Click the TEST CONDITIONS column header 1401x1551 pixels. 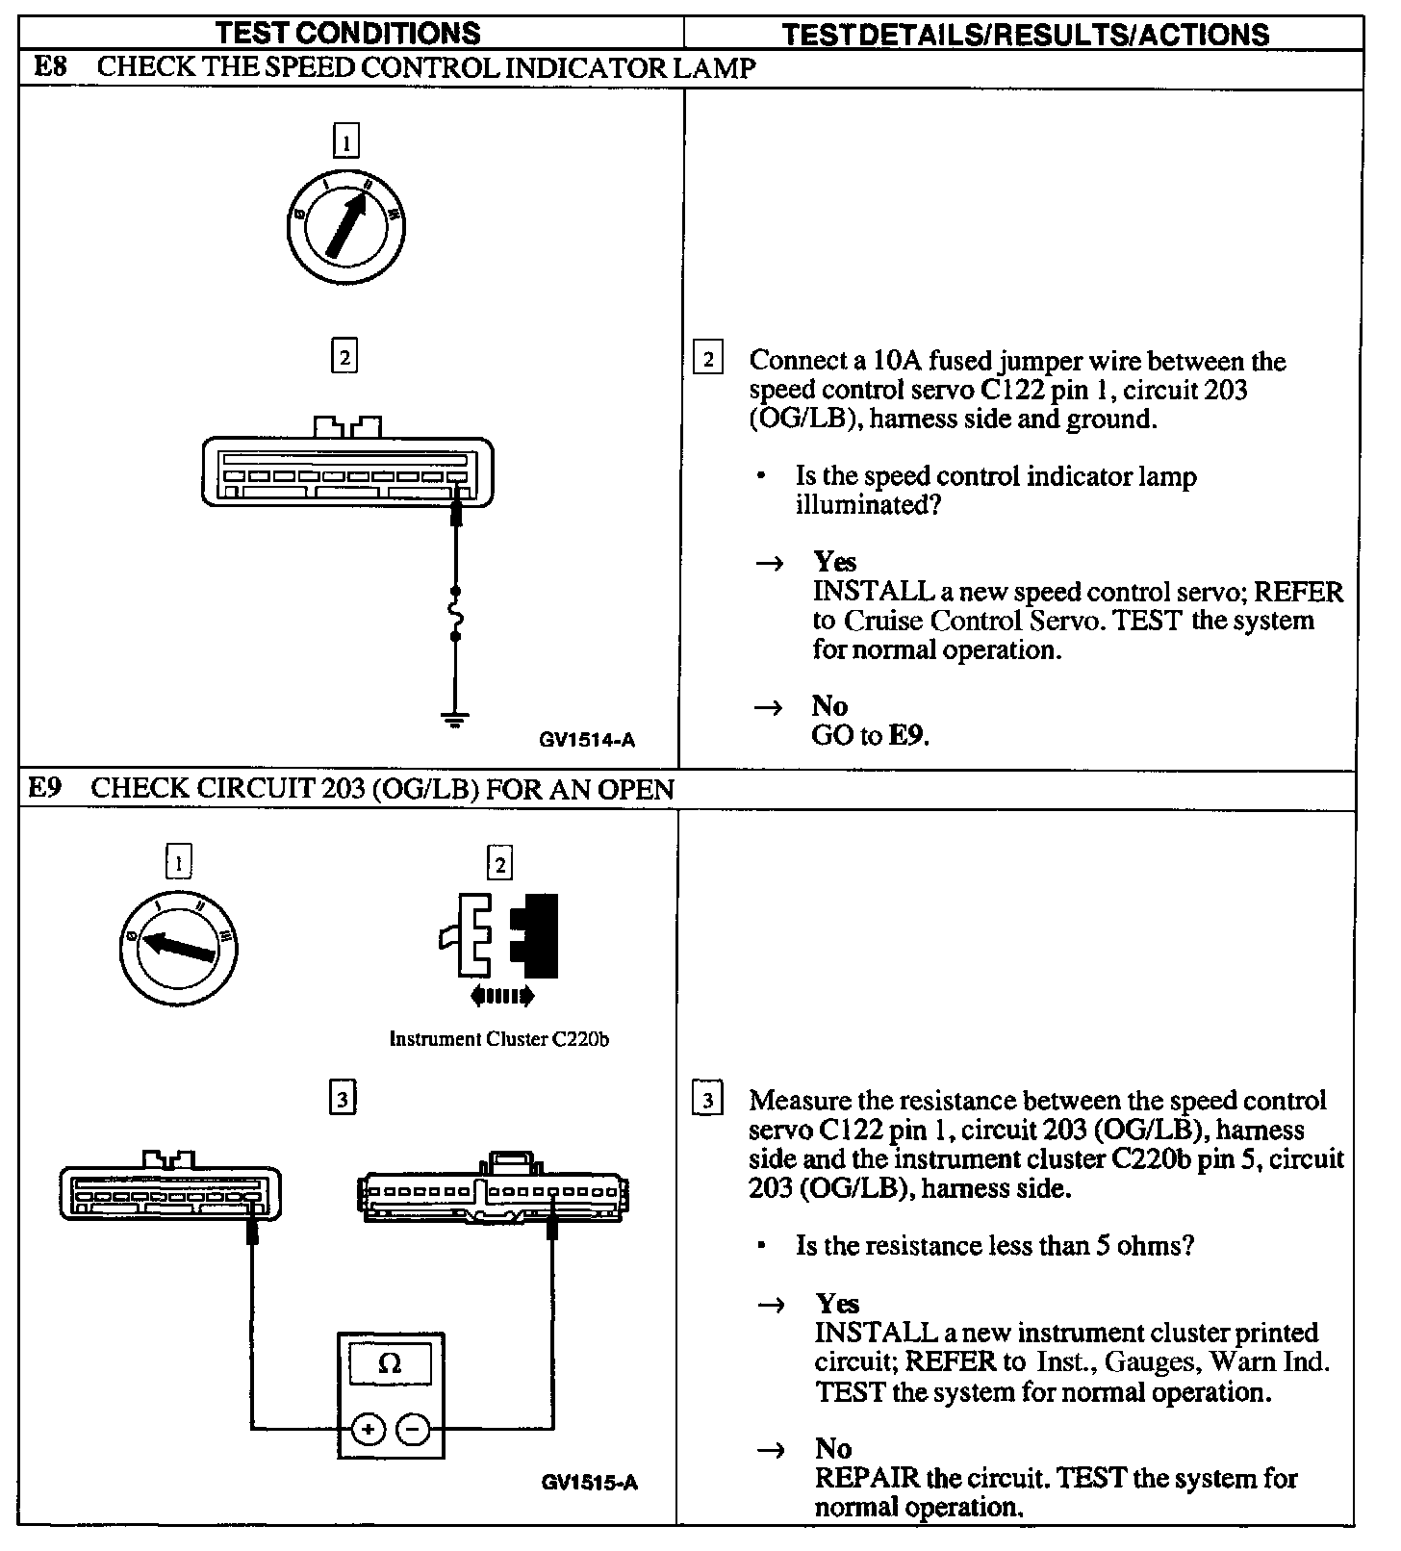347,34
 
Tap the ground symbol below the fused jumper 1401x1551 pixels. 455,718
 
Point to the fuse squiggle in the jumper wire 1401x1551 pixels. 456,613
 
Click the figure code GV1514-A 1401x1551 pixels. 587,740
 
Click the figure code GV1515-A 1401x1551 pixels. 589,1483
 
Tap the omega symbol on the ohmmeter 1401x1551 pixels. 390,1364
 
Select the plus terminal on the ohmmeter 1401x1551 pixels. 368,1429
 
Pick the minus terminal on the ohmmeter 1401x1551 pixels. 413,1429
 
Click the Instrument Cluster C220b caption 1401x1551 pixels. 498,1039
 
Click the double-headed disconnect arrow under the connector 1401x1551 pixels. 501,997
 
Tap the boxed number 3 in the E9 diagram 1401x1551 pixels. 342,1098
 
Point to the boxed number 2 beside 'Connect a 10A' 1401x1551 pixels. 708,360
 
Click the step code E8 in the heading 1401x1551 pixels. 50,67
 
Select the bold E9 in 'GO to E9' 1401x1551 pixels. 908,736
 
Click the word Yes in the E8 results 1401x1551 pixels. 834,562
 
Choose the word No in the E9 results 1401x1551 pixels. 833,1448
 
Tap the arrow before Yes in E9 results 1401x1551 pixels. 771,1305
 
